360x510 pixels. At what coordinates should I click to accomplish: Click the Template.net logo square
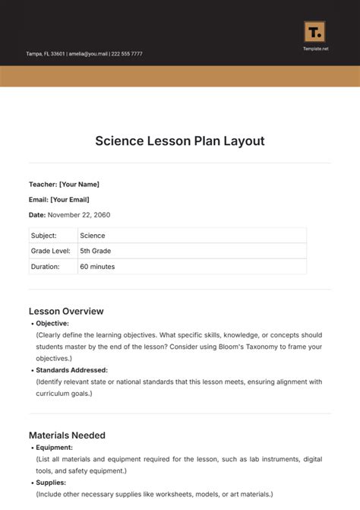(x=314, y=32)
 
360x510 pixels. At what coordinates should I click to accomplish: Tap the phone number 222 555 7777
(x=126, y=54)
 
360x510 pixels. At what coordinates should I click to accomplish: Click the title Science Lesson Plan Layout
(x=180, y=141)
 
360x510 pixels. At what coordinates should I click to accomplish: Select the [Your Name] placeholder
(x=79, y=184)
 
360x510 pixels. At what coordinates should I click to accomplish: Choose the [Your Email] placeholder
(x=70, y=199)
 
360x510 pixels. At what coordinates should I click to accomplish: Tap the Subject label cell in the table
(x=44, y=236)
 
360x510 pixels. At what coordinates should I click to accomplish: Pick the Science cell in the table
(x=93, y=236)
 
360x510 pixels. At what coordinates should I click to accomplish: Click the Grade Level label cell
(x=50, y=251)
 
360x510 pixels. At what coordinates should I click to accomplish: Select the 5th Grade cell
(x=96, y=251)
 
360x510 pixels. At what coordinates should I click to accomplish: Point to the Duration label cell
(x=46, y=267)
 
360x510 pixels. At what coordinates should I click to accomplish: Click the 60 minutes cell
(x=99, y=267)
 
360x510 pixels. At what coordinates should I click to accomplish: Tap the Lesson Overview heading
(x=66, y=311)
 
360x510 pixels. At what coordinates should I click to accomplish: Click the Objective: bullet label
(x=52, y=323)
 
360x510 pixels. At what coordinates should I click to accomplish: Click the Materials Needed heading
(x=67, y=436)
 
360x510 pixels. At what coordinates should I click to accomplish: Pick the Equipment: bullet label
(x=55, y=448)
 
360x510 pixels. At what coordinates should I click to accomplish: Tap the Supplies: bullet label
(x=51, y=483)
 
